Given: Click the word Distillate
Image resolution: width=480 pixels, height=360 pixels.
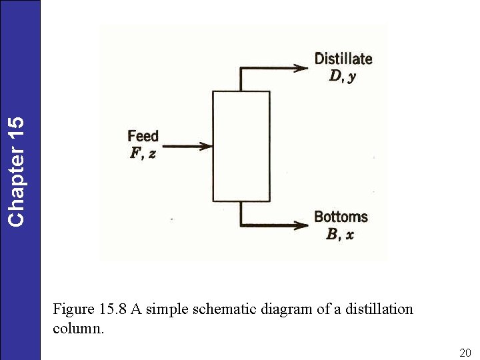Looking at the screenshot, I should (x=343, y=59).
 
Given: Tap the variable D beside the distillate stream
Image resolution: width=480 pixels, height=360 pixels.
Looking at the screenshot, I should (x=335, y=76).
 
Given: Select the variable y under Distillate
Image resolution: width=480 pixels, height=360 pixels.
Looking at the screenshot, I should (x=351, y=77).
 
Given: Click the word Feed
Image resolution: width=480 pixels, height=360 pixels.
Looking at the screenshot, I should (x=143, y=137).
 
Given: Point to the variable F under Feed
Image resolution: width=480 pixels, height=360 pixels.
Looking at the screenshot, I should (x=136, y=153).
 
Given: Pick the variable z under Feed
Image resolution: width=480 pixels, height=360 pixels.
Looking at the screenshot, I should (x=152, y=154).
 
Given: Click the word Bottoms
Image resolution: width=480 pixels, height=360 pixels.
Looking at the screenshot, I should (x=341, y=217).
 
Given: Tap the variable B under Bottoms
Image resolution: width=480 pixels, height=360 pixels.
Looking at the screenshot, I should (x=332, y=234).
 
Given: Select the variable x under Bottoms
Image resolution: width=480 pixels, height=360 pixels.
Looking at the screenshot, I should (x=349, y=235).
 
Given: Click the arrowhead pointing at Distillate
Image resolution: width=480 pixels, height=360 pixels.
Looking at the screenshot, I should (x=301, y=68).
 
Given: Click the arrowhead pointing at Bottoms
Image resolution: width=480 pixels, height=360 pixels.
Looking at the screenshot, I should (x=301, y=225).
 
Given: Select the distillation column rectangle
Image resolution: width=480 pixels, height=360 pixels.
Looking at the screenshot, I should (x=241, y=146).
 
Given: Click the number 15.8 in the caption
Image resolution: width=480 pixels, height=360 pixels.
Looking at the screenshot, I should (x=113, y=309).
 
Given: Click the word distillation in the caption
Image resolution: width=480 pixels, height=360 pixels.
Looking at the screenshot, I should (x=379, y=309).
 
